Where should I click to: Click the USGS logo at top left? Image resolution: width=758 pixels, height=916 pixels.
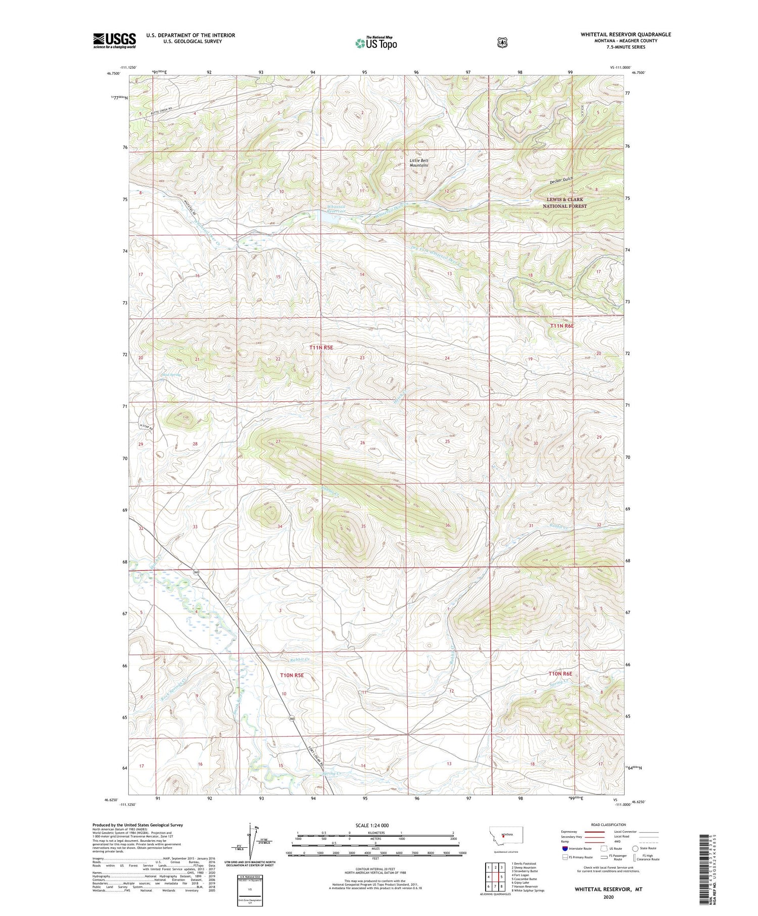tap(114, 40)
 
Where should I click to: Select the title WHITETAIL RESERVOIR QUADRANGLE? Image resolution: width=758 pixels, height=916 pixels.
tap(626, 34)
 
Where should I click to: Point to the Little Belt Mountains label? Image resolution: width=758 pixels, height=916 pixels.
tap(419, 163)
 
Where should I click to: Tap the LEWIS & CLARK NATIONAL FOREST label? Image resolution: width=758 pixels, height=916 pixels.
tap(564, 203)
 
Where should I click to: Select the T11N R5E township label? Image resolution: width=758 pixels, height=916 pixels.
tap(321, 348)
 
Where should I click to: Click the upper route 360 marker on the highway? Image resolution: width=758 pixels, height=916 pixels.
tap(196, 572)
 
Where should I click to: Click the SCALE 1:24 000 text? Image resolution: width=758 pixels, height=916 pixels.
tap(372, 825)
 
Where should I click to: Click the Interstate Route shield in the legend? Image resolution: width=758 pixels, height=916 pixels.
tap(564, 848)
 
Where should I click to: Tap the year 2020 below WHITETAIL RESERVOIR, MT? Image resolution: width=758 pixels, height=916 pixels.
tap(608, 897)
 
